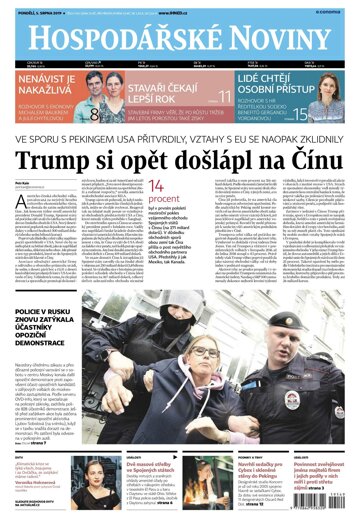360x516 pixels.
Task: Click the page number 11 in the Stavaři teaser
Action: (x=225, y=98)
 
